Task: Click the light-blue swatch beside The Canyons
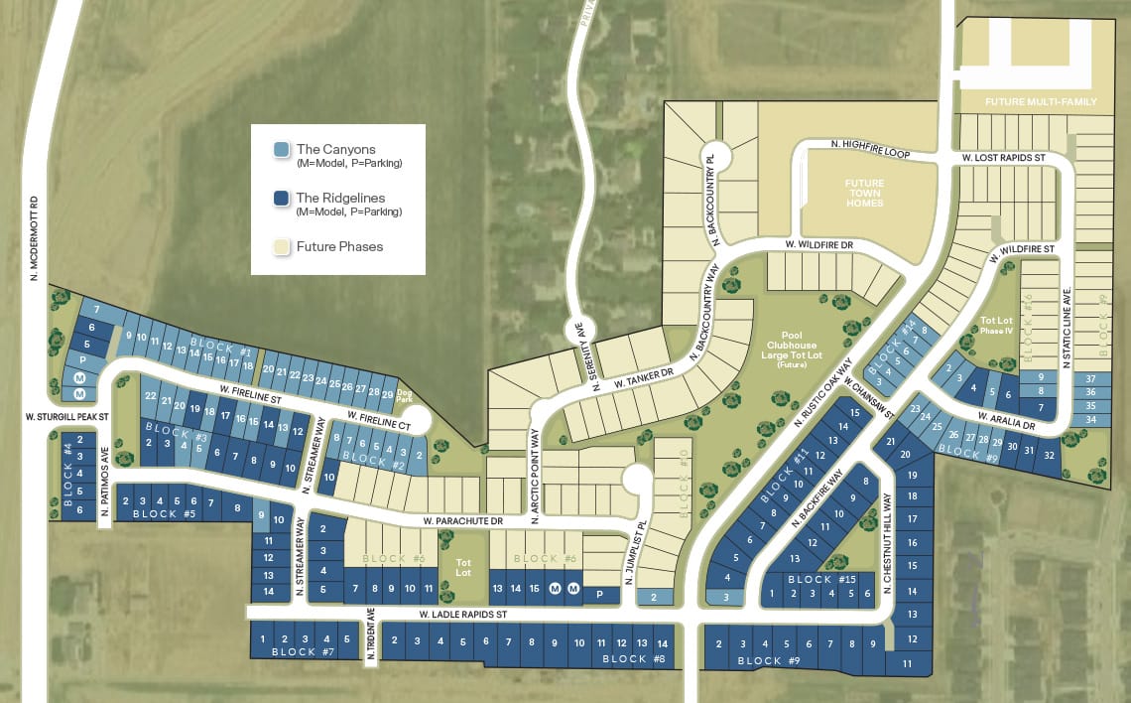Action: coord(281,150)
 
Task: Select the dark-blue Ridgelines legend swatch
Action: coord(281,199)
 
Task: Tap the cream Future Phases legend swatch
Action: coord(281,247)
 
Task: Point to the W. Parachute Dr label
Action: coord(456,520)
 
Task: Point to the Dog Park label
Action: coord(405,393)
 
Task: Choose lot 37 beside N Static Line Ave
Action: coord(1090,378)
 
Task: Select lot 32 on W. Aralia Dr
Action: coord(1049,454)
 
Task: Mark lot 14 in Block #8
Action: coord(663,643)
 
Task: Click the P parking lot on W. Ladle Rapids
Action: coord(600,595)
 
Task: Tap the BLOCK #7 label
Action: coord(293,652)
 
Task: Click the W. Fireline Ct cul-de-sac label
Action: coord(378,425)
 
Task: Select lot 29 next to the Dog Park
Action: coord(386,394)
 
